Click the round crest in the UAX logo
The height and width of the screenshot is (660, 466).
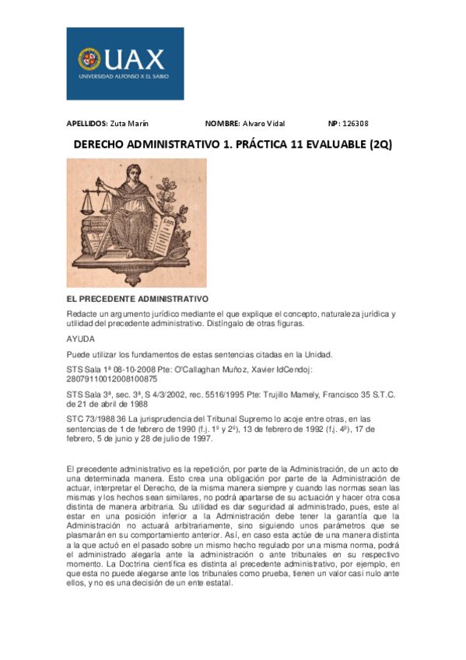[x=89, y=58]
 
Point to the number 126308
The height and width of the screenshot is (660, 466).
[x=354, y=123]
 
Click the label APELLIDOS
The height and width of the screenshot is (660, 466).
[x=86, y=123]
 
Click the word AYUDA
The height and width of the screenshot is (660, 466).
[x=81, y=339]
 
